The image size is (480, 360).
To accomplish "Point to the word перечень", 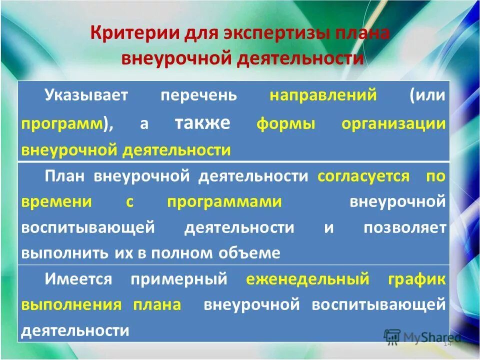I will coord(198,95).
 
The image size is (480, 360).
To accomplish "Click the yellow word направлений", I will coord(323,95).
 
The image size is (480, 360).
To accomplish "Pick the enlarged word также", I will coord(202,122).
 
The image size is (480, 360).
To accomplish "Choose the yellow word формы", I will coord(286,123).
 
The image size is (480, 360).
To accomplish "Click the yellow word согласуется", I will coord(363,175).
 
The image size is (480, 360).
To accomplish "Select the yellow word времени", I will coord(56,201).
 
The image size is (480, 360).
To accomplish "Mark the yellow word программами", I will coord(224,201).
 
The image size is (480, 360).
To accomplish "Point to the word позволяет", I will coord(404,227).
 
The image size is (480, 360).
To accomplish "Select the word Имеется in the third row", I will coord(78,279).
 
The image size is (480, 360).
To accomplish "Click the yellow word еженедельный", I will coord(307,279).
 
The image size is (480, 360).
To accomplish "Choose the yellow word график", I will coord(416,279).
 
